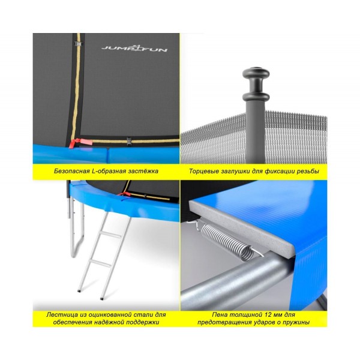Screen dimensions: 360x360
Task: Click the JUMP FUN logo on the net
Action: click(134, 47)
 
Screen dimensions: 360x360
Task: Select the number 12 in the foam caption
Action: click(260, 314)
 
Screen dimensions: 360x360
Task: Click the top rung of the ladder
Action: click(110, 235)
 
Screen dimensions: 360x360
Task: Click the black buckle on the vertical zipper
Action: click(78, 43)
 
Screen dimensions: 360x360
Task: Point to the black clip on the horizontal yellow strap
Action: click(129, 140)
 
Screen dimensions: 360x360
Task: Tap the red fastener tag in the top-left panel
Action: click(80, 143)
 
